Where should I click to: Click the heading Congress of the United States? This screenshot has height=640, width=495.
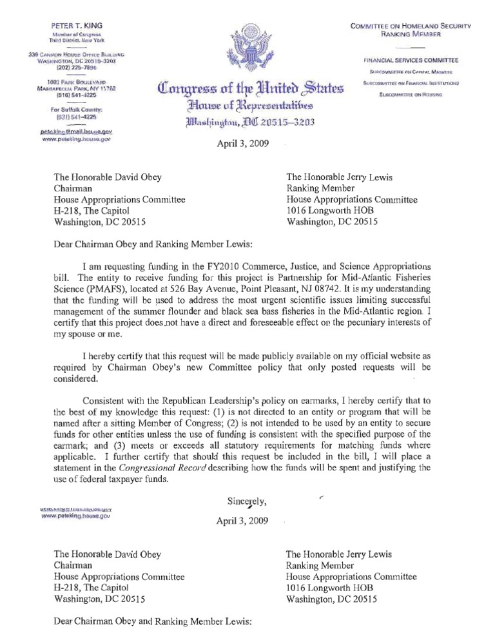(247, 86)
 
